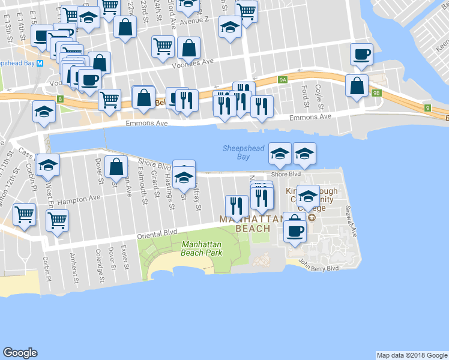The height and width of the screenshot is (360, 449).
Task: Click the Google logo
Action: (20, 353)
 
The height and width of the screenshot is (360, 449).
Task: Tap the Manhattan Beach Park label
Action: (201, 249)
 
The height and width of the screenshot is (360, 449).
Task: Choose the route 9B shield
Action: (376, 93)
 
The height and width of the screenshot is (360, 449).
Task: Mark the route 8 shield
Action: (60, 98)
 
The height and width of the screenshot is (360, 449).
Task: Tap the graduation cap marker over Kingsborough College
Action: (308, 196)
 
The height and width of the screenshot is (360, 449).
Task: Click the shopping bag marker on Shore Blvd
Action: (116, 167)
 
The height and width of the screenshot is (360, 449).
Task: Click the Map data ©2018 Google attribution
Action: (412, 355)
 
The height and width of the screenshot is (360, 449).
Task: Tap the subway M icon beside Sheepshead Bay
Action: (40, 63)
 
